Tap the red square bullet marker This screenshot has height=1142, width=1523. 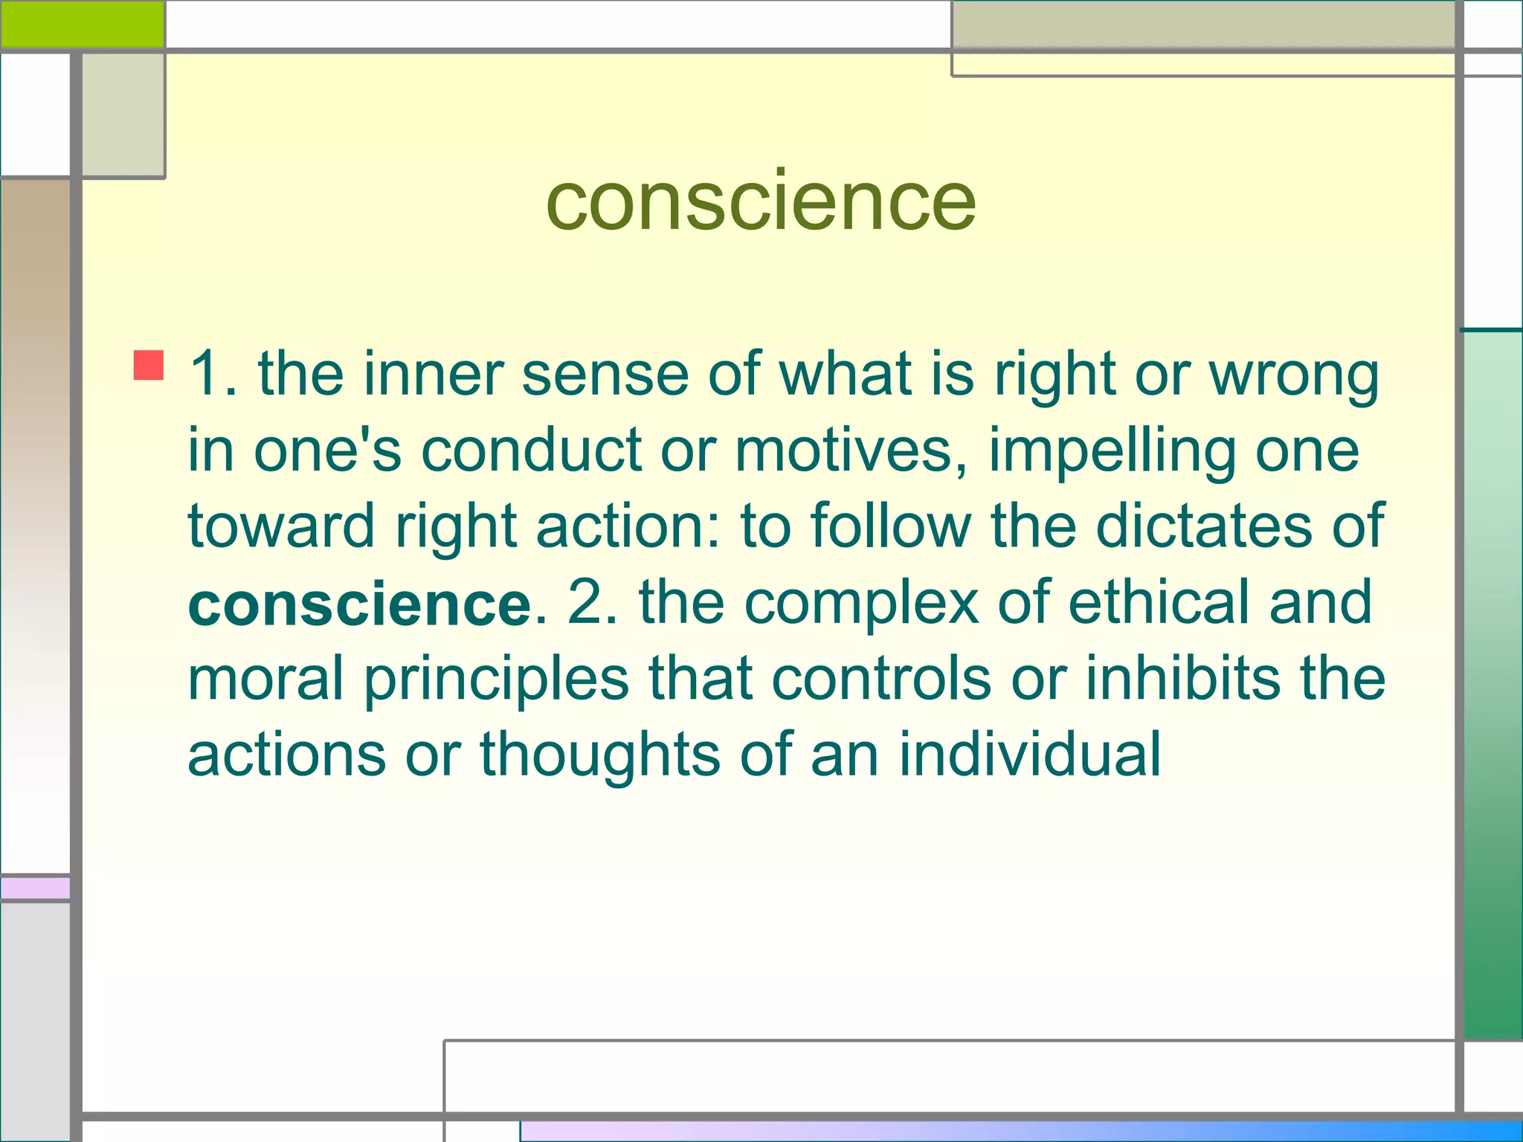[149, 365]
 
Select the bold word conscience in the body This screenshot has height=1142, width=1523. [360, 604]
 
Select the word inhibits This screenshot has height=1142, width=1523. [1182, 678]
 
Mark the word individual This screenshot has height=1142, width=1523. [1030, 754]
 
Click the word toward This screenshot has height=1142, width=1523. [280, 526]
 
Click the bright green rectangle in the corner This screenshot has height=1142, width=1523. [82, 24]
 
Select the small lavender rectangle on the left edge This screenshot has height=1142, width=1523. [35, 888]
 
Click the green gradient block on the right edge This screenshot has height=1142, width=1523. [1493, 684]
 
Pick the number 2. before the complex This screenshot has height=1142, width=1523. [592, 602]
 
